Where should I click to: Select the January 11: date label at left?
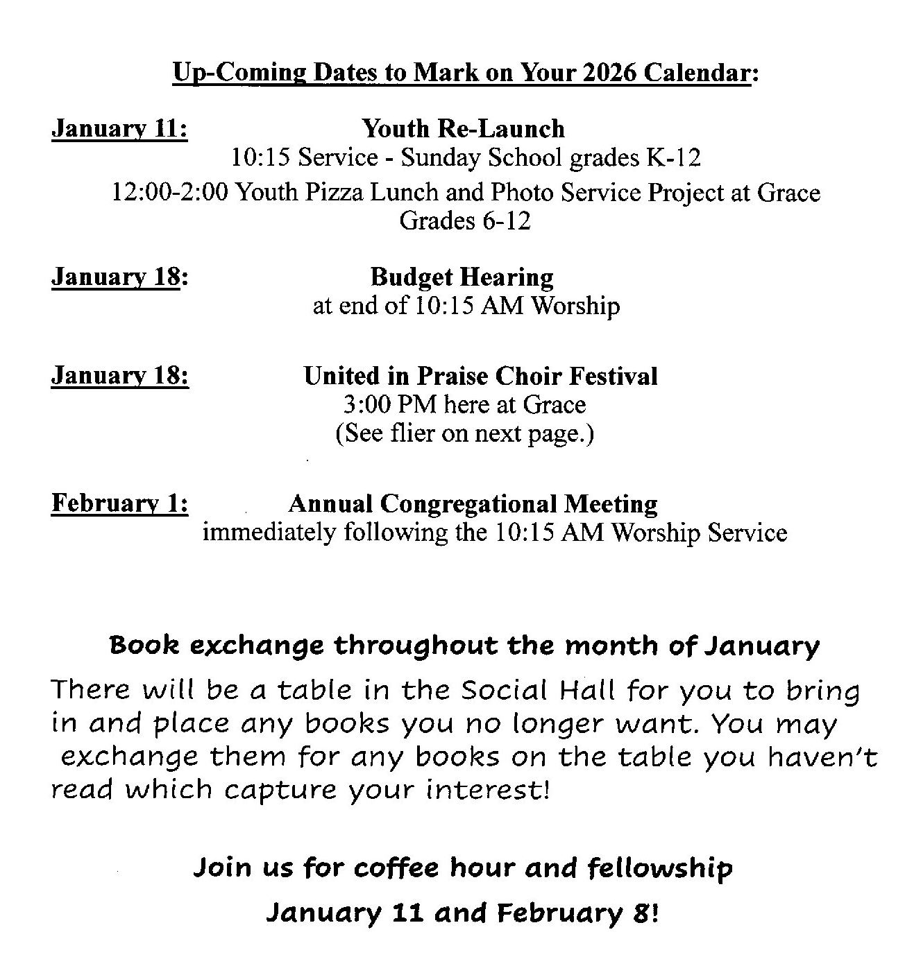pyautogui.click(x=119, y=129)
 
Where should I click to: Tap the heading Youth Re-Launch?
pyautogui.click(x=463, y=129)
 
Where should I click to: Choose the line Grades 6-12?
pyautogui.click(x=464, y=221)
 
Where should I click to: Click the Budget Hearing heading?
pyautogui.click(x=462, y=277)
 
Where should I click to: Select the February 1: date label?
pyautogui.click(x=119, y=503)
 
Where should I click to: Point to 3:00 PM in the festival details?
pyautogui.click(x=390, y=404)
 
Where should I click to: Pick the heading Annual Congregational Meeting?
pyautogui.click(x=473, y=503)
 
